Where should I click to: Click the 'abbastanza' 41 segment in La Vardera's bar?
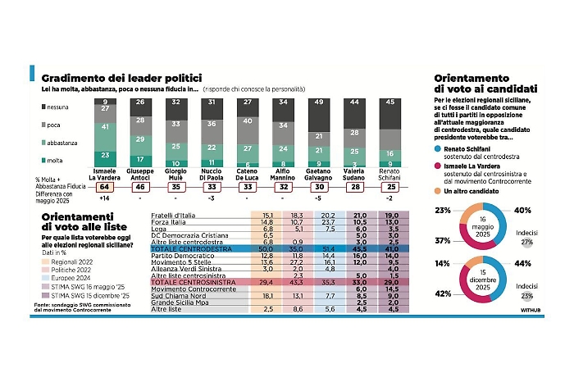coord(104,128)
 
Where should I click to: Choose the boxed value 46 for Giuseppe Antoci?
coord(140,187)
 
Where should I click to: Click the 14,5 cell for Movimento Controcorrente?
coord(393,290)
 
